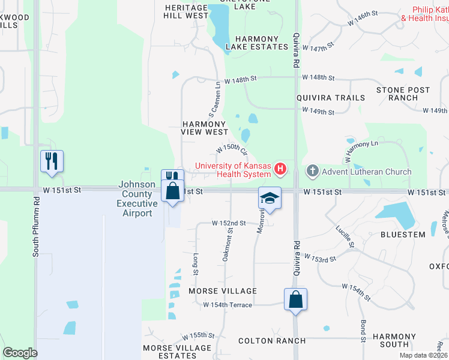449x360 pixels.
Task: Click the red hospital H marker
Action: pyautogui.click(x=280, y=170)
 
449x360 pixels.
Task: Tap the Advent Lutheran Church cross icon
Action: pyautogui.click(x=312, y=172)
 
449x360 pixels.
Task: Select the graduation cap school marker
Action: pyautogui.click(x=270, y=198)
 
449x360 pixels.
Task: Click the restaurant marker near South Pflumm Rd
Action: pyautogui.click(x=52, y=161)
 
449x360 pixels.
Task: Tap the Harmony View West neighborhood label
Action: pyautogui.click(x=205, y=128)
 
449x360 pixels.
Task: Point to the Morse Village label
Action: pyautogui.click(x=223, y=291)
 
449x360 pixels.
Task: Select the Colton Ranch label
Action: pyautogui.click(x=272, y=341)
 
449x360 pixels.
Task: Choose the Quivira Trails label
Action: pyautogui.click(x=330, y=98)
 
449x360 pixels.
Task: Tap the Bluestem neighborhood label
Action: pyautogui.click(x=403, y=235)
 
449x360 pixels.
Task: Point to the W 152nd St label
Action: pyautogui.click(x=229, y=223)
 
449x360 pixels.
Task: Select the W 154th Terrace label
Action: pyautogui.click(x=228, y=305)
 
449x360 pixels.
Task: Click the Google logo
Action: pyautogui.click(x=20, y=353)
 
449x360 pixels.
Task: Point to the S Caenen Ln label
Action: pyautogui.click(x=214, y=100)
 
